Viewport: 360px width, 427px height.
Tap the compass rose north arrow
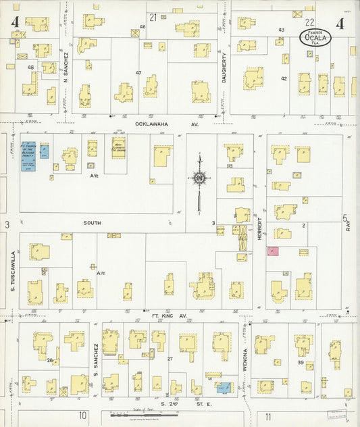[199, 178]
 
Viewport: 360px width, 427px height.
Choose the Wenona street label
[245, 360]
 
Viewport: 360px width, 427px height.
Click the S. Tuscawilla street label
[13, 271]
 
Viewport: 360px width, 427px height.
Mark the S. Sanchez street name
[95, 361]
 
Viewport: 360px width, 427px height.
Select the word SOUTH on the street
[91, 221]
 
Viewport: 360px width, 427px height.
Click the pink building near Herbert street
[273, 251]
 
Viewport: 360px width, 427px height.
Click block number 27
[170, 359]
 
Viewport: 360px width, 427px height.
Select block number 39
[301, 363]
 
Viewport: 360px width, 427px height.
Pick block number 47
[138, 72]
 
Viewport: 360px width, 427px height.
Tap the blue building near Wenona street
[222, 387]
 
